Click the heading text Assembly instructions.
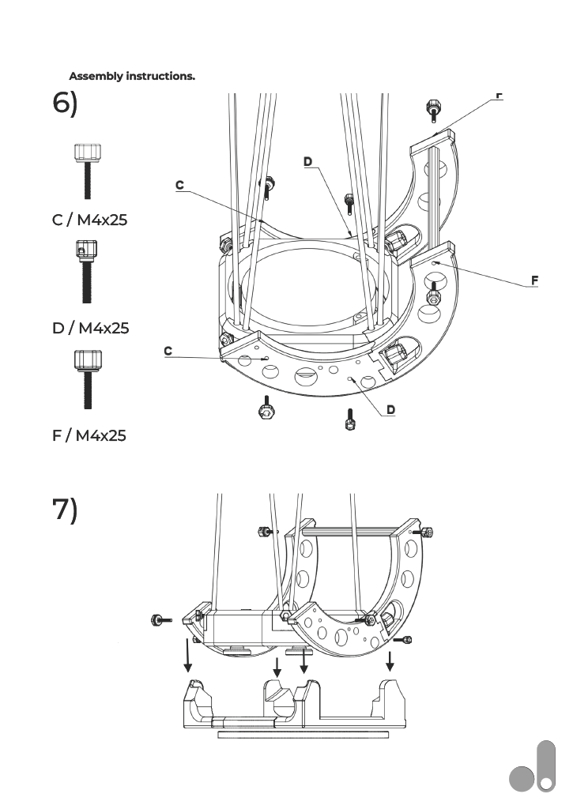click(x=132, y=77)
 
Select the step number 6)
click(x=65, y=104)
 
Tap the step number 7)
click(x=65, y=510)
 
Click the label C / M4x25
click(x=89, y=220)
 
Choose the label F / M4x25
click(x=89, y=435)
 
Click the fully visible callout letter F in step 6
click(x=535, y=280)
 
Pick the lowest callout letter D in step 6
click(x=390, y=410)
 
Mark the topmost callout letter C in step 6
click(x=179, y=185)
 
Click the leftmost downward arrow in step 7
click(x=188, y=656)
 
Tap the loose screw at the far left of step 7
click(x=160, y=619)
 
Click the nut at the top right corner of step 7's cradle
click(x=427, y=530)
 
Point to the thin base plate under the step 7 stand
click(x=303, y=735)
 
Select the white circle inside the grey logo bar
click(x=546, y=783)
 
